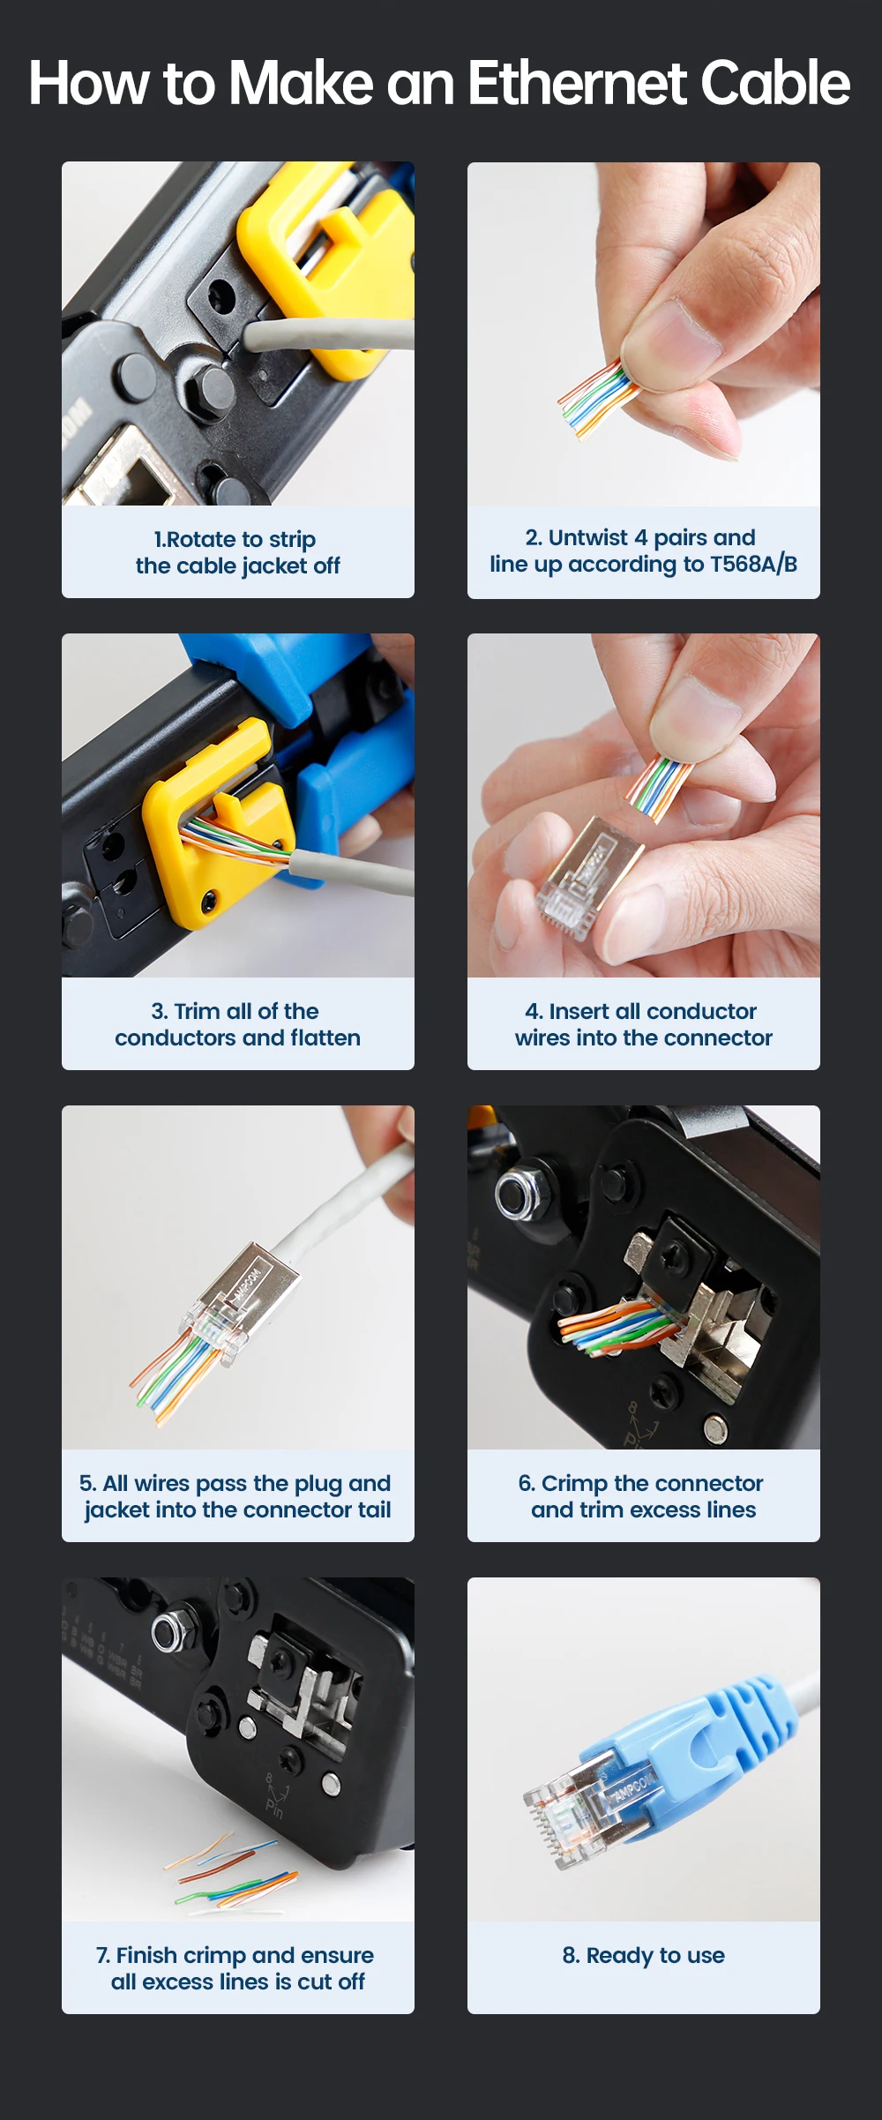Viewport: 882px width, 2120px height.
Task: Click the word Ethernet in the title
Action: [577, 83]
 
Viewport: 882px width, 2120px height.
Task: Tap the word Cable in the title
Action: [775, 83]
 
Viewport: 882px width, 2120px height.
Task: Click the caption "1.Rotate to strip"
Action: [235, 539]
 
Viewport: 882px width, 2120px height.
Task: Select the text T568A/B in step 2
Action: [754, 564]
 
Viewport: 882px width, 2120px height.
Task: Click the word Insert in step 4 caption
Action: [579, 1011]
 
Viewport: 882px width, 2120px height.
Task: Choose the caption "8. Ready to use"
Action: [644, 1956]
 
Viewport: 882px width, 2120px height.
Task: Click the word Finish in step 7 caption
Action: [147, 1955]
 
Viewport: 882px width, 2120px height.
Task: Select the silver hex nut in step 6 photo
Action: [512, 1195]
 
